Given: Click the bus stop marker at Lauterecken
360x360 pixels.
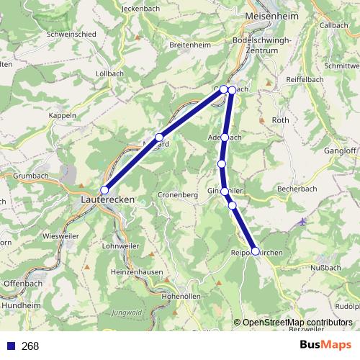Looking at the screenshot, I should [x=104, y=190].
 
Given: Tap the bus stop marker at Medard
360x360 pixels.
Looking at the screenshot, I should [x=159, y=137].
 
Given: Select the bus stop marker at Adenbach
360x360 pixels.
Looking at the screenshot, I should [x=225, y=137].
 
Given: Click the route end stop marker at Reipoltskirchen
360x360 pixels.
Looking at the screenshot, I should [x=255, y=251].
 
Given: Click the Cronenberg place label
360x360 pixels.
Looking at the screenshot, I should [x=178, y=195].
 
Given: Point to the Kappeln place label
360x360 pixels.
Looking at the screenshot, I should [x=63, y=115].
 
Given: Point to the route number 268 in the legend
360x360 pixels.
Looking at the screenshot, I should [x=30, y=346].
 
